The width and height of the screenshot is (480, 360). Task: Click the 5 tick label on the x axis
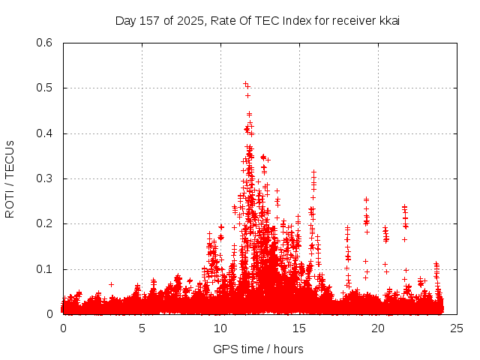pos(142,328)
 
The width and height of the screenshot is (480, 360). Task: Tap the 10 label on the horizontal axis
pos(220,328)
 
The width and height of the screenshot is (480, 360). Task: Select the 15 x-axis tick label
pos(299,328)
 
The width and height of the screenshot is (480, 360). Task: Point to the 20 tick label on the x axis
pos(378,328)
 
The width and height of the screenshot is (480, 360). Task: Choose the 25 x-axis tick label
pos(457,328)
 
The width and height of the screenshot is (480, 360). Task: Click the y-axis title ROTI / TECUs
pos(10,178)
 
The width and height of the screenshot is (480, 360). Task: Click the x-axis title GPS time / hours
pos(258,349)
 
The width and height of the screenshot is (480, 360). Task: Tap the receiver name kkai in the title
pos(388,20)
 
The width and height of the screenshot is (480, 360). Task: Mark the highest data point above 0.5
pos(245,84)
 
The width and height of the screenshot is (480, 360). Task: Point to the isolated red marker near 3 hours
pos(111,284)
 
